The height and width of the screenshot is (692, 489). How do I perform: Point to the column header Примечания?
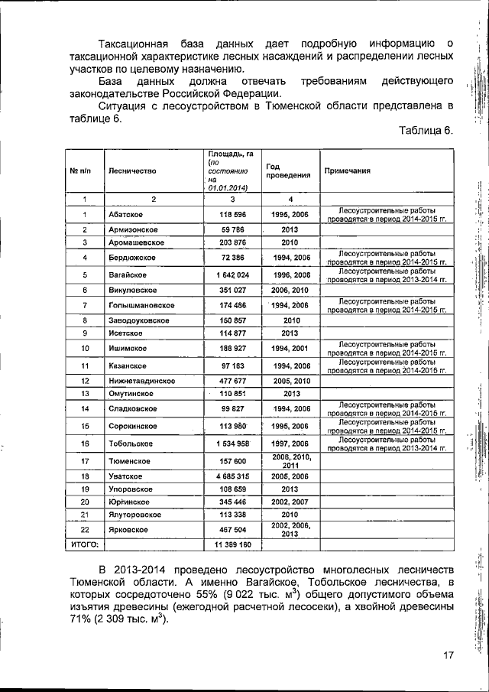click(348, 171)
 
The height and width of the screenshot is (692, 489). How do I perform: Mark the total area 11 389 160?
click(229, 544)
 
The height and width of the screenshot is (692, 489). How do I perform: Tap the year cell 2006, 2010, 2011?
click(290, 460)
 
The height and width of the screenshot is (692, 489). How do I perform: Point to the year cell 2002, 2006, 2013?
click(290, 528)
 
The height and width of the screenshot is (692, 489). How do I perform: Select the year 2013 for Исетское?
click(290, 333)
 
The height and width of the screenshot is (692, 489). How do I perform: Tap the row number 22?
click(85, 528)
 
